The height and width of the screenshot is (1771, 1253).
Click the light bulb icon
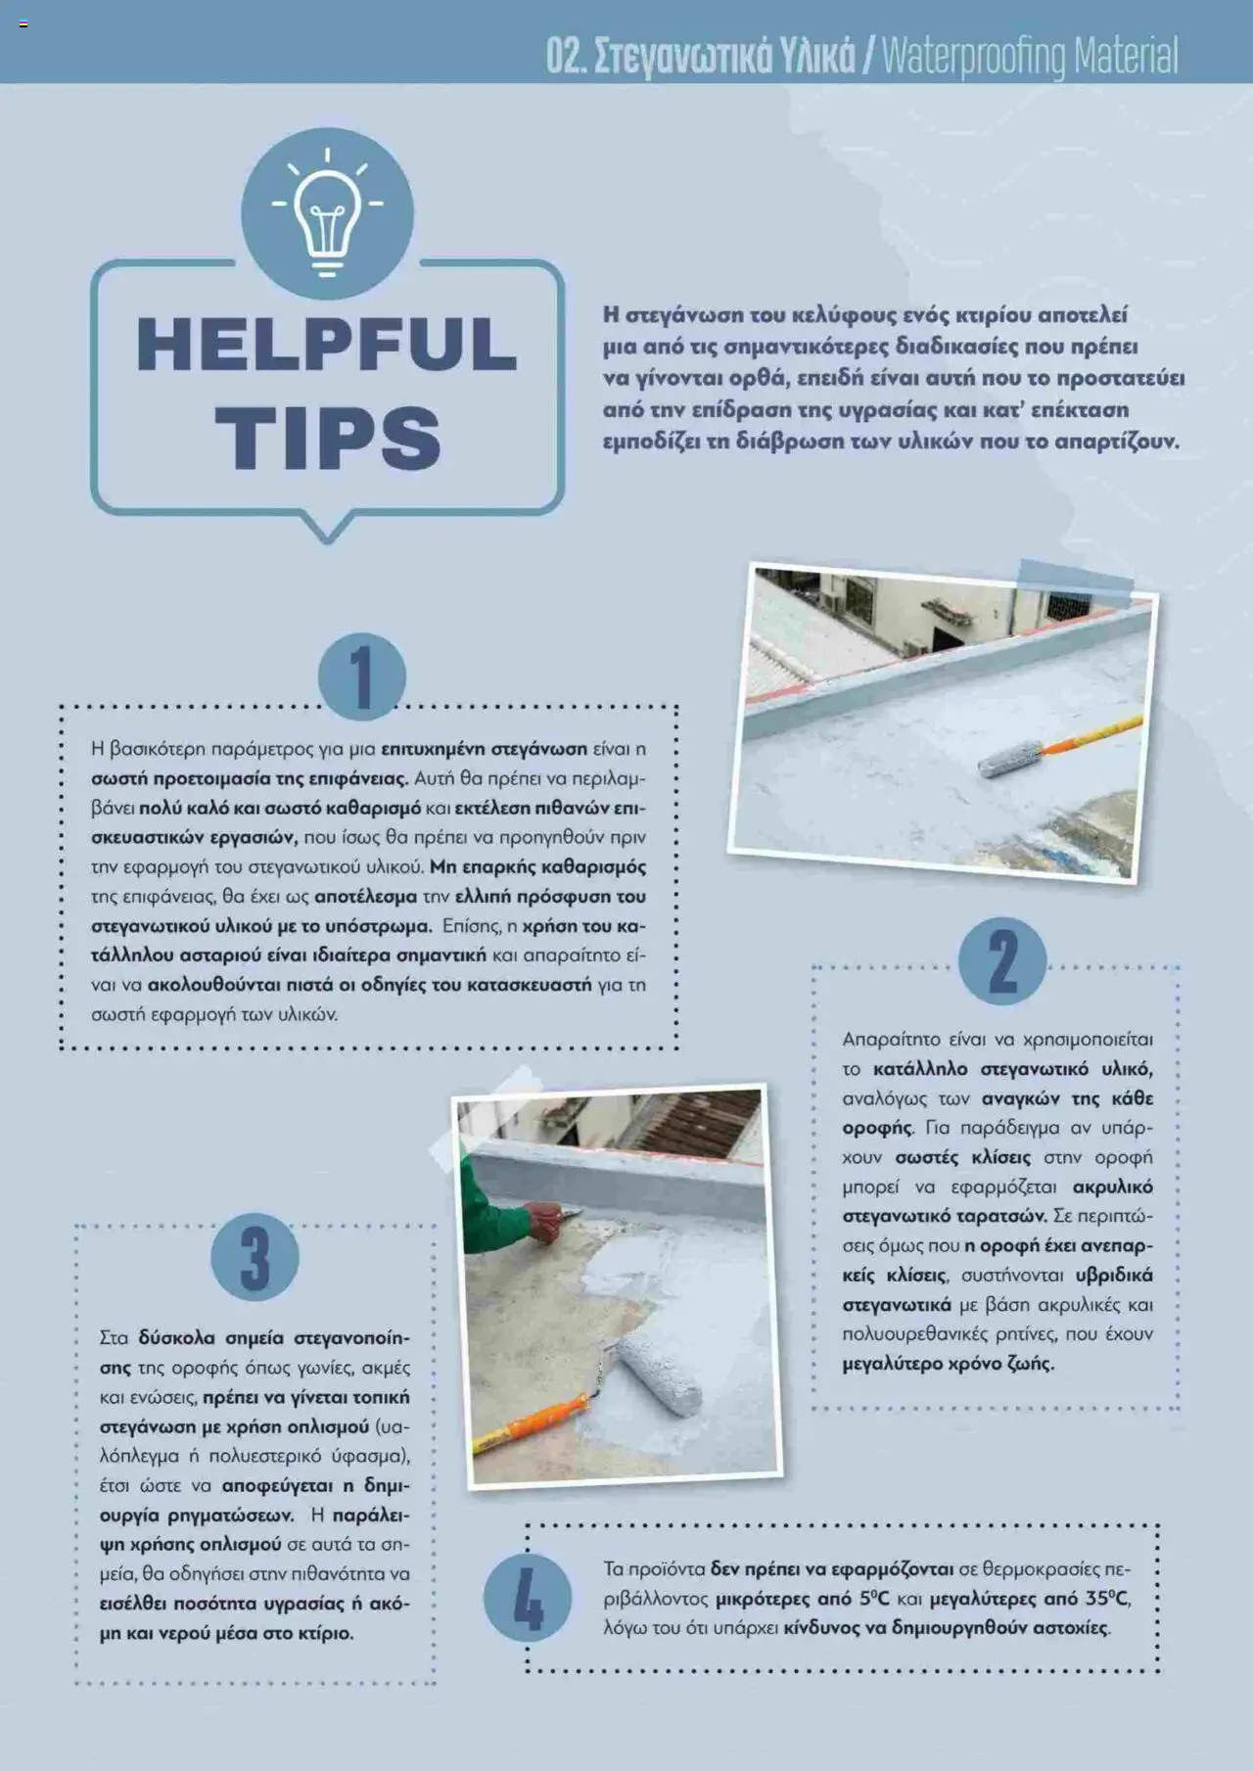pyautogui.click(x=327, y=214)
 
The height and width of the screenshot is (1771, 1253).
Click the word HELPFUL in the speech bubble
pyautogui.click(x=327, y=344)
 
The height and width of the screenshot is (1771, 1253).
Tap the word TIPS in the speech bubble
pyautogui.click(x=328, y=437)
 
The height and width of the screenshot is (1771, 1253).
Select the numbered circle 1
pyautogui.click(x=362, y=676)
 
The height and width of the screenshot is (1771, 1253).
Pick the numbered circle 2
pyautogui.click(x=1002, y=960)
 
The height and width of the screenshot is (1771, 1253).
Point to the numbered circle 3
pyautogui.click(x=255, y=1257)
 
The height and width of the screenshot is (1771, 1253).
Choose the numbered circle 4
pyautogui.click(x=528, y=1598)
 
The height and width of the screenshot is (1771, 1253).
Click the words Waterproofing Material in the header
pyautogui.click(x=1030, y=56)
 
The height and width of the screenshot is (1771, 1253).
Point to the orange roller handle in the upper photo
pyautogui.click(x=1091, y=735)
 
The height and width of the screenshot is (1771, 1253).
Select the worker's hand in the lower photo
pyautogui.click(x=544, y=1221)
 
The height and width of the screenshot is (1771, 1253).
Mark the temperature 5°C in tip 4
pyautogui.click(x=874, y=1599)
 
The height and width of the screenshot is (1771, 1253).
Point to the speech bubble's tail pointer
pyautogui.click(x=326, y=527)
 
